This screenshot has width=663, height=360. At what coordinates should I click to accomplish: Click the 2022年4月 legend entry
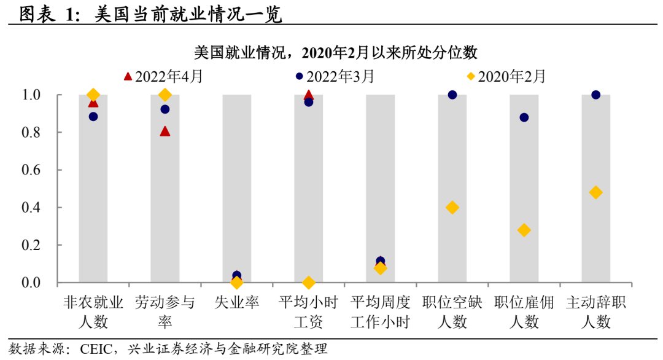(x=163, y=76)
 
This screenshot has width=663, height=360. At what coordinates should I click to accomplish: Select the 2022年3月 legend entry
(x=335, y=76)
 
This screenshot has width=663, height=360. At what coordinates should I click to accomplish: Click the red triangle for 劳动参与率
(x=165, y=131)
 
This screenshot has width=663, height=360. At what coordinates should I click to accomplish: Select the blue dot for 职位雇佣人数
(x=524, y=117)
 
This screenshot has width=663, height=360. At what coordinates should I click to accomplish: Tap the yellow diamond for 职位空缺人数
(x=452, y=208)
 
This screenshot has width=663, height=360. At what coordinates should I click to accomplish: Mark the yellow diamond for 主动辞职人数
(x=595, y=192)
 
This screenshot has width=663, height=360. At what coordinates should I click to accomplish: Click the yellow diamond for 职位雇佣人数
(x=524, y=230)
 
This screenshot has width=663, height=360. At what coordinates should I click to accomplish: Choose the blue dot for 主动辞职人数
(x=595, y=95)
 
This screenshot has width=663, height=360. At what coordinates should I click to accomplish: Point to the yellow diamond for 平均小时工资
(x=308, y=283)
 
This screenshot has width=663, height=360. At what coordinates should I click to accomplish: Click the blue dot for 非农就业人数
(x=93, y=116)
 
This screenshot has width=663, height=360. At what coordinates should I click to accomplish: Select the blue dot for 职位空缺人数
(x=452, y=95)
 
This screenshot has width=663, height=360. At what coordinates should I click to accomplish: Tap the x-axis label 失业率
(x=237, y=303)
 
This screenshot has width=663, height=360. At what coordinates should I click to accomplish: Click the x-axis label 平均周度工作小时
(x=380, y=312)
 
